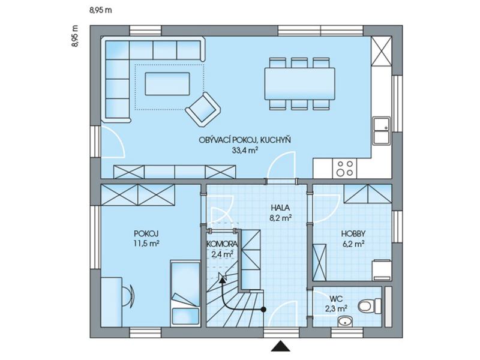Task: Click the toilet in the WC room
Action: coord(369,306)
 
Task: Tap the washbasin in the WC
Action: coord(346,322)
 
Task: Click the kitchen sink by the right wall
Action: coord(382,130)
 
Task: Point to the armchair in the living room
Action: coord(203,109)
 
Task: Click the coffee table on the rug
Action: coord(167,83)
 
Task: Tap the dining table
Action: coord(299,83)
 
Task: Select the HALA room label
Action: coord(280,208)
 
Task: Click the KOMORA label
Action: coord(222,244)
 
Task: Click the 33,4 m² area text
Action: coord(245,150)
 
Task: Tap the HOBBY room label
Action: coord(353,234)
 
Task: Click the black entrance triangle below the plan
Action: coord(280,346)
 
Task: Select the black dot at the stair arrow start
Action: coord(263,310)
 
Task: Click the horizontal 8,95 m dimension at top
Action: coord(101,10)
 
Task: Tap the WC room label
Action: coord(336,298)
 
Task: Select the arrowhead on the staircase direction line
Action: coord(222,277)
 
